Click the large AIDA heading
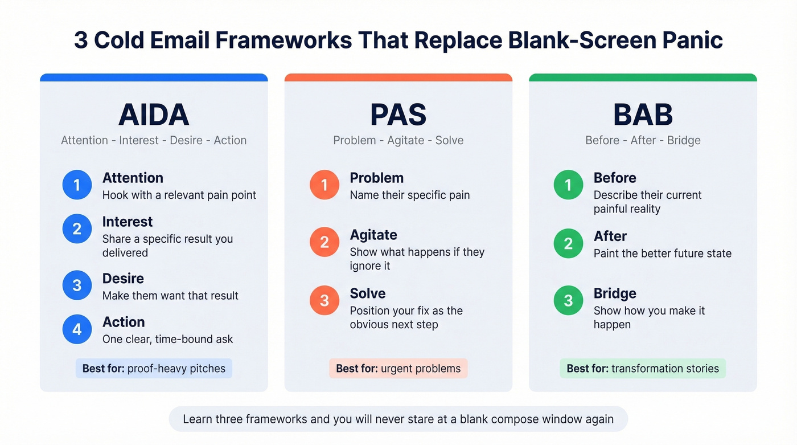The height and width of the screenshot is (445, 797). (154, 115)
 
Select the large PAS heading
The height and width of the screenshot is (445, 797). (398, 115)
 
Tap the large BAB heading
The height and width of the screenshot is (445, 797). (643, 115)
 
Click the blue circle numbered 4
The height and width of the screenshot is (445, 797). (77, 329)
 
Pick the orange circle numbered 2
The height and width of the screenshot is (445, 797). (324, 242)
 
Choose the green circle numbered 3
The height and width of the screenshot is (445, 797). (568, 301)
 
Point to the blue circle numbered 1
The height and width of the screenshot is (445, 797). (77, 185)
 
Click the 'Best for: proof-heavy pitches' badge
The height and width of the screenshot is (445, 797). (154, 369)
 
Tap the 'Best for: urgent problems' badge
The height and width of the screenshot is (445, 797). (398, 369)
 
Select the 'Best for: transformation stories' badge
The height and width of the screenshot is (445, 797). (643, 369)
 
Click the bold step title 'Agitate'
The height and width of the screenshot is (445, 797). (373, 235)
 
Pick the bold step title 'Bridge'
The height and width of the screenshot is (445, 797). (615, 293)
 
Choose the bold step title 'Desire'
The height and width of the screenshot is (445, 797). (123, 279)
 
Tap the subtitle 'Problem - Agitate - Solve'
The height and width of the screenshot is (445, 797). (398, 140)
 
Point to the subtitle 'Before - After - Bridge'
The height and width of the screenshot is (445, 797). (643, 140)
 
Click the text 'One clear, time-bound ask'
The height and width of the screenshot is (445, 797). (167, 339)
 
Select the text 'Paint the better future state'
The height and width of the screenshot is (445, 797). (663, 254)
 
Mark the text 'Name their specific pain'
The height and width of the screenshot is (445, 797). (410, 195)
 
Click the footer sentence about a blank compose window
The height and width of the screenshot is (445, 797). (398, 419)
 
